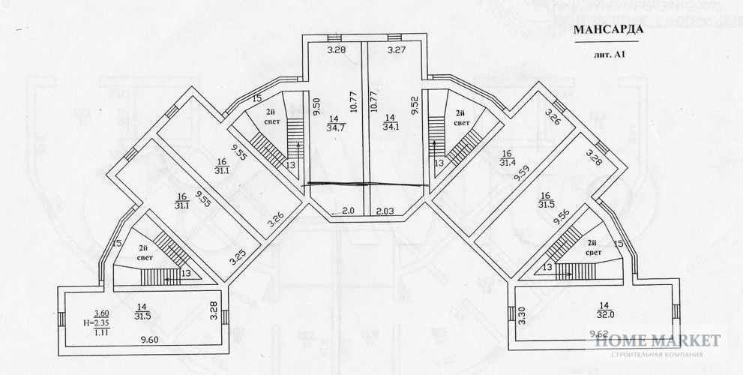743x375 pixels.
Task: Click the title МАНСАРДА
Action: click(x=608, y=31)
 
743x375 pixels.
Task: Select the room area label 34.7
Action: click(x=334, y=127)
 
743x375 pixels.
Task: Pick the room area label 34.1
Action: click(x=389, y=127)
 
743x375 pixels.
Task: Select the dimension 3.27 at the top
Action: click(x=397, y=51)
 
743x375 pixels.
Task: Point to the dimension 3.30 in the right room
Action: click(x=523, y=316)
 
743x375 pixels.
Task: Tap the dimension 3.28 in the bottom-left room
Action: click(x=214, y=310)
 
